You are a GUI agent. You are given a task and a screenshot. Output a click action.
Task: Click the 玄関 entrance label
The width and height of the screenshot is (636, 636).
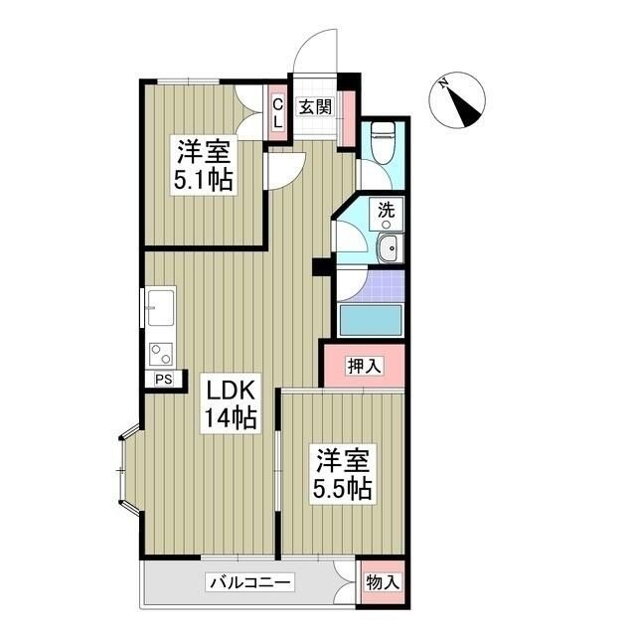click(315, 105)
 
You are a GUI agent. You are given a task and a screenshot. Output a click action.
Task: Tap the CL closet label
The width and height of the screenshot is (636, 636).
click(278, 111)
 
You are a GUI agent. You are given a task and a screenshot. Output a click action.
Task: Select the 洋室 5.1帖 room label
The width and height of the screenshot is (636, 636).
click(206, 166)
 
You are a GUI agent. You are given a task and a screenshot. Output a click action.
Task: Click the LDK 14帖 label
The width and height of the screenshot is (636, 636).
click(232, 402)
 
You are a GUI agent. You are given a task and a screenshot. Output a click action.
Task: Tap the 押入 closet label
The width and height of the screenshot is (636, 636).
click(364, 366)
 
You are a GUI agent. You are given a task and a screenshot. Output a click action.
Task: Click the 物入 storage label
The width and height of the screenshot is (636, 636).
click(383, 583)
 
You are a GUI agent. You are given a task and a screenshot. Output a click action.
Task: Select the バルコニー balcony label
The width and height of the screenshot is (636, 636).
click(248, 582)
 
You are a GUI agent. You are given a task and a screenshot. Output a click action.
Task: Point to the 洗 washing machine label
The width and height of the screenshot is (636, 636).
click(386, 210)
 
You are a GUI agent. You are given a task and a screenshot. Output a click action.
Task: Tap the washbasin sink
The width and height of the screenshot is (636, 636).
click(387, 249)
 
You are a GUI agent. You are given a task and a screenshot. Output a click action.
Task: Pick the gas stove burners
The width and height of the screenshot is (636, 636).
click(159, 353)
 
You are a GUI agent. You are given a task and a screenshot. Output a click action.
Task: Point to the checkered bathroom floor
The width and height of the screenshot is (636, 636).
click(370, 286)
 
